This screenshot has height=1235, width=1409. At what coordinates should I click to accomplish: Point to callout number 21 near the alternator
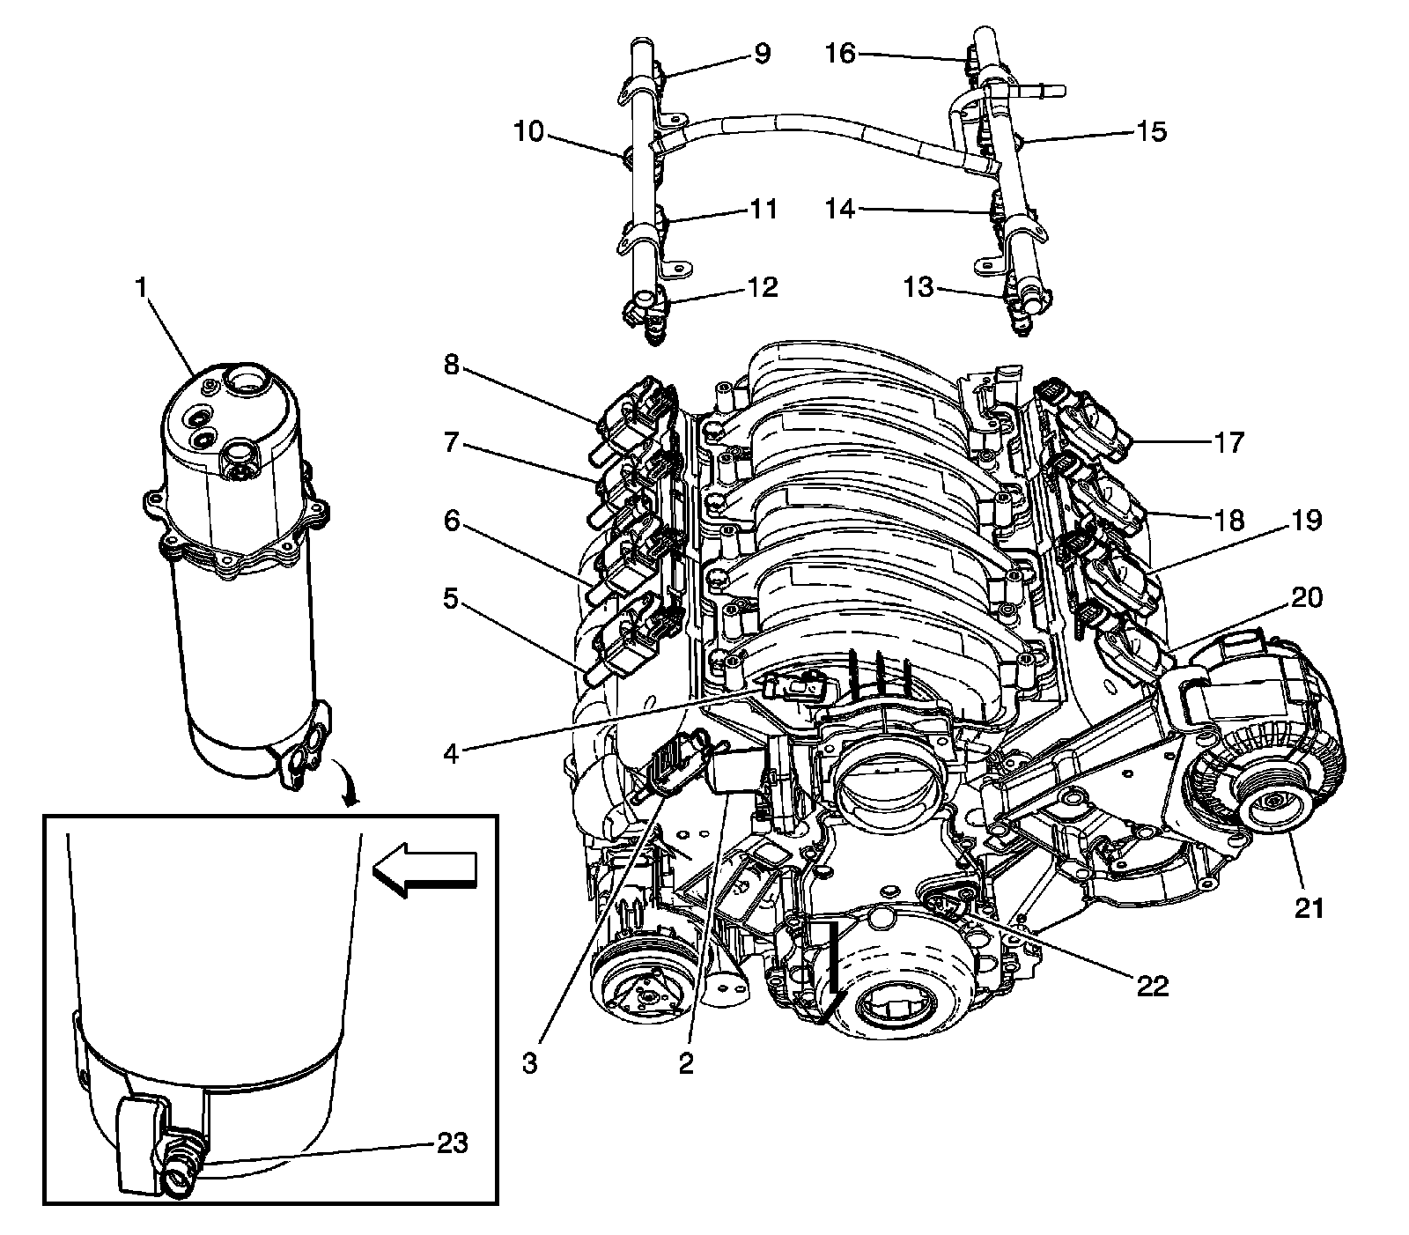(1309, 908)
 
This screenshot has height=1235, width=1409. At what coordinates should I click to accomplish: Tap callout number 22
(1153, 986)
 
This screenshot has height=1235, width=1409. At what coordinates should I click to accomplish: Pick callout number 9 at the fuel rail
(761, 55)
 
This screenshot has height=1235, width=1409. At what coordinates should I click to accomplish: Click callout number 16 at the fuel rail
(840, 55)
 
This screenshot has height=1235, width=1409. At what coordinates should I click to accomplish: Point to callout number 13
(918, 287)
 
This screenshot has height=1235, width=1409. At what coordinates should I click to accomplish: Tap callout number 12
(763, 287)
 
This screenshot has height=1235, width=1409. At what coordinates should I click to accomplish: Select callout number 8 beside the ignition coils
(451, 365)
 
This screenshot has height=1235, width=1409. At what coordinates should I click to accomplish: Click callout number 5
(451, 602)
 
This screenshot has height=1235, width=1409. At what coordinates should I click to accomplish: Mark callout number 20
(1307, 598)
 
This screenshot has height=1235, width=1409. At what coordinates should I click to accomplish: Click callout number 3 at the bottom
(529, 1063)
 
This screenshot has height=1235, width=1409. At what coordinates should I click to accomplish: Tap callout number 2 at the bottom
(686, 1063)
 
